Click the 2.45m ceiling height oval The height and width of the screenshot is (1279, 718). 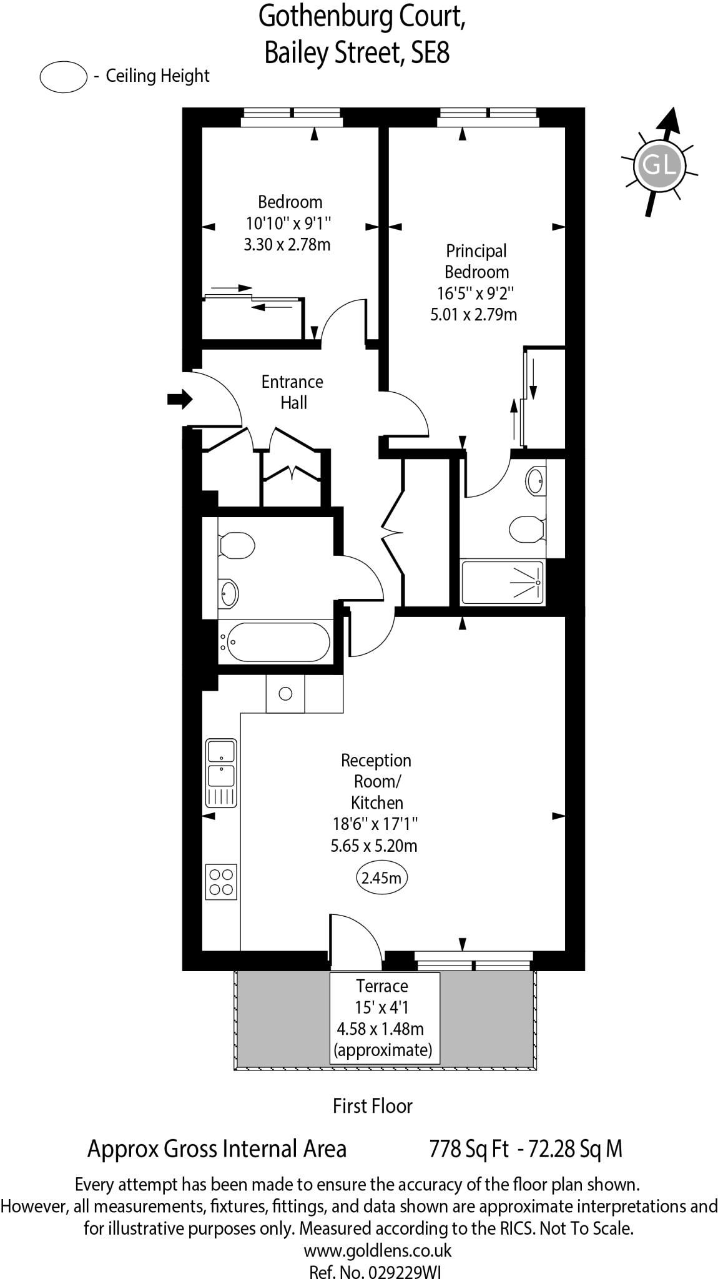tap(381, 878)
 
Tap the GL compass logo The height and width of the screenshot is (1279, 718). tap(659, 165)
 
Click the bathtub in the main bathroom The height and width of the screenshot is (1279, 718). tap(278, 642)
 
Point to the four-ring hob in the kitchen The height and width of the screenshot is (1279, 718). tap(222, 882)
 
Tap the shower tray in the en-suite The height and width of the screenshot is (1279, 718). tap(502, 582)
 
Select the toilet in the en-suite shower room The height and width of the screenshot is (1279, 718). tap(526, 530)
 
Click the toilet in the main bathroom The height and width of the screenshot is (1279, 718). tap(237, 546)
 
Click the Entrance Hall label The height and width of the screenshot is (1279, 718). tap(292, 392)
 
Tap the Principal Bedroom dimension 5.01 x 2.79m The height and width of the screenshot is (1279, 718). tap(474, 314)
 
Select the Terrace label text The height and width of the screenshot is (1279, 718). tap(381, 985)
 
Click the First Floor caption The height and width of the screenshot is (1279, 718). tap(373, 1106)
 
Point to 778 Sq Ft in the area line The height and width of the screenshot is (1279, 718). tap(469, 1148)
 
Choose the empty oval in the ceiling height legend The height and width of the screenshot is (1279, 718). tap(63, 77)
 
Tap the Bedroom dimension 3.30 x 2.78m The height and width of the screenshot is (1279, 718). tap(287, 244)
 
